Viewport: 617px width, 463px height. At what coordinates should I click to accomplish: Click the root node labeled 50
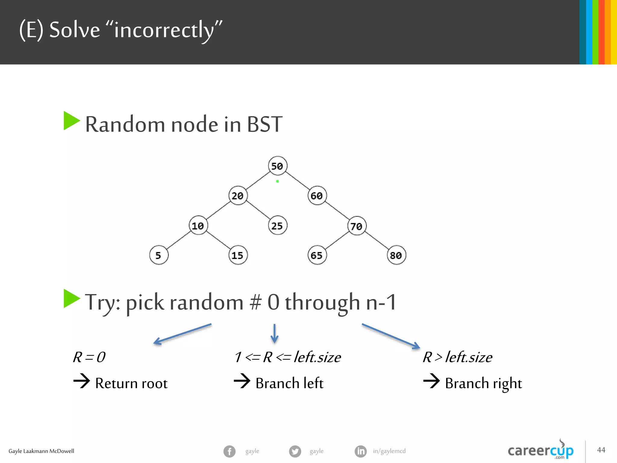click(277, 166)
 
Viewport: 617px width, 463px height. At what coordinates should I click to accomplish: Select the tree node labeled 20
click(238, 196)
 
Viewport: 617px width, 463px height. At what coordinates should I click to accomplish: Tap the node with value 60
click(317, 196)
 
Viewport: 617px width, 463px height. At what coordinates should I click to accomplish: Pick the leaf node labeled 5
click(158, 255)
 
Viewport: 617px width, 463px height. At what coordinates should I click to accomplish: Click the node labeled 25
click(277, 225)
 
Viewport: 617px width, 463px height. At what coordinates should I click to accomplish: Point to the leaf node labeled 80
click(396, 255)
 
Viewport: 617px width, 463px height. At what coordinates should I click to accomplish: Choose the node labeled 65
click(317, 255)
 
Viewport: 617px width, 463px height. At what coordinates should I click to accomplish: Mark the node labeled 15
click(238, 255)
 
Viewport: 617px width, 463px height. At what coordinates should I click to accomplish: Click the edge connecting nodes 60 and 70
click(337, 211)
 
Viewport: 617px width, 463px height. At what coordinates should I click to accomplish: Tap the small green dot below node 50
click(277, 181)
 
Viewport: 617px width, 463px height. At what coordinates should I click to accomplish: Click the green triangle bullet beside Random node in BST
click(71, 121)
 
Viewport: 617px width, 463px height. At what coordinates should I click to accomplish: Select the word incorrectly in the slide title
click(164, 30)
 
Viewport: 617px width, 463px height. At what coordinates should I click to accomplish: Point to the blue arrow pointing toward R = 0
click(183, 334)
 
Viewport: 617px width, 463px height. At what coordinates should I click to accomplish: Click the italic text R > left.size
click(457, 357)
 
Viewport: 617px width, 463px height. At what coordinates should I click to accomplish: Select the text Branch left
click(289, 383)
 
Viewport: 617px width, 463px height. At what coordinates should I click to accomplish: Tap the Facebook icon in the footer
click(230, 451)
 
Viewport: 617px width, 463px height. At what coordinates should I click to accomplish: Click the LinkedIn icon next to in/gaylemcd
click(361, 451)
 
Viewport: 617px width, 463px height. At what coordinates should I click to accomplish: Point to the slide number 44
click(601, 450)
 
